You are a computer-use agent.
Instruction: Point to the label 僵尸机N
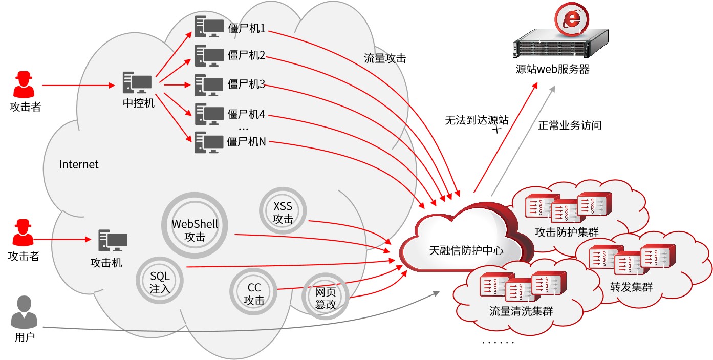246,141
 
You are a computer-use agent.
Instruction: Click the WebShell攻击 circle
195,230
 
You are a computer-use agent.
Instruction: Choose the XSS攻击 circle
283,213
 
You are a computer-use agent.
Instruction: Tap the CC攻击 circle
254,294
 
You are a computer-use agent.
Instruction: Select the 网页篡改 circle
325,298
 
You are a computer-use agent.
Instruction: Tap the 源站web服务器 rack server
560,45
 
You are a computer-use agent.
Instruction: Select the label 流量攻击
384,58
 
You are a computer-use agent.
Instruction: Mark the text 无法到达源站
477,120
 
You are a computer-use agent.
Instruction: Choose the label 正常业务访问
569,125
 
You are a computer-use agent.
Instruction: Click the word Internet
79,164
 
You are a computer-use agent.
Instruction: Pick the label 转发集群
631,287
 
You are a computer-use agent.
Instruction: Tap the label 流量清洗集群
521,311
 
